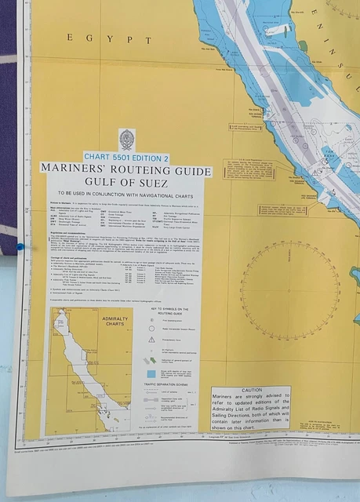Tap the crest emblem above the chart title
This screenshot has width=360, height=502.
pyautogui.click(x=126, y=140)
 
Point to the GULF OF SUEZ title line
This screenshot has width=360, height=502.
pyautogui.click(x=126, y=184)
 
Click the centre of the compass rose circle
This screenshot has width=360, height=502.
pyautogui.click(x=289, y=289)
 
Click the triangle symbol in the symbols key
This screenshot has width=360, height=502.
pyautogui.click(x=151, y=340)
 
